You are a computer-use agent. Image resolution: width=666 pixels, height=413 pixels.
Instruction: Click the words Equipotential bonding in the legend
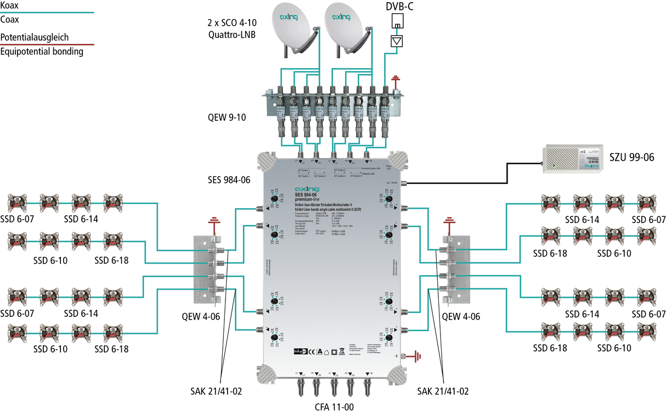[x=42, y=52]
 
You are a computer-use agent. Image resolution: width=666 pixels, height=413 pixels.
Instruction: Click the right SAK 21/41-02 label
[x=443, y=391]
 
